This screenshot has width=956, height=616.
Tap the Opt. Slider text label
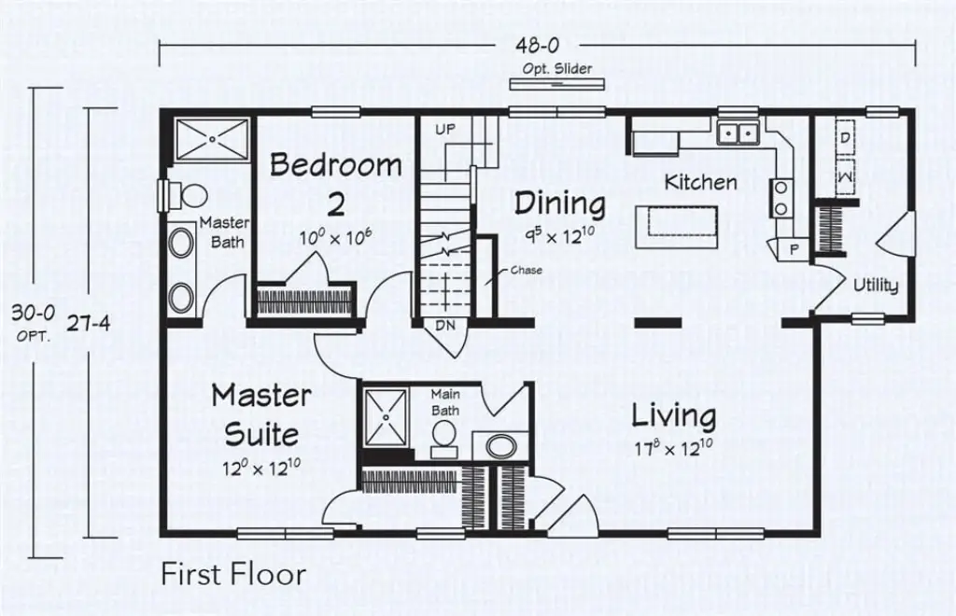pos(557,69)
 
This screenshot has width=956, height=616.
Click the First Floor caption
pos(232,574)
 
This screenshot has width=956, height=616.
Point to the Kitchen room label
pos(700,182)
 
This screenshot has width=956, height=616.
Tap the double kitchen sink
pos(738,134)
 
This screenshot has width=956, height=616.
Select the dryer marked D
pos(844,138)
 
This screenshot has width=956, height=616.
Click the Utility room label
pos(876,286)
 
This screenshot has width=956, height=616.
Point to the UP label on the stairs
pos(445,129)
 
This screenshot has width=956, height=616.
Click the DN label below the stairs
pos(445,325)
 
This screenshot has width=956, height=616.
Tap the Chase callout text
pos(526,271)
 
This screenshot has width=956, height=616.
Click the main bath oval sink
pos(501,447)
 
